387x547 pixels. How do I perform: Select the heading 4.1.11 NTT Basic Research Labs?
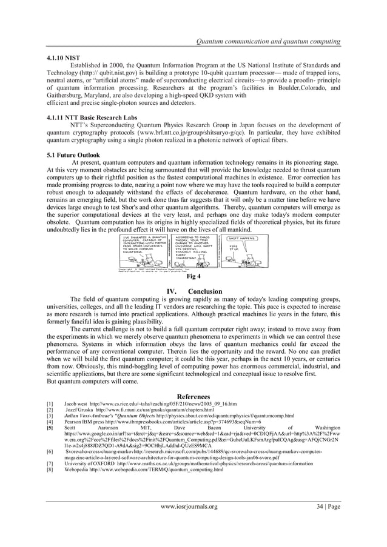[90, 116]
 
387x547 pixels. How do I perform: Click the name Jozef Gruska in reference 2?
[81, 410]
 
